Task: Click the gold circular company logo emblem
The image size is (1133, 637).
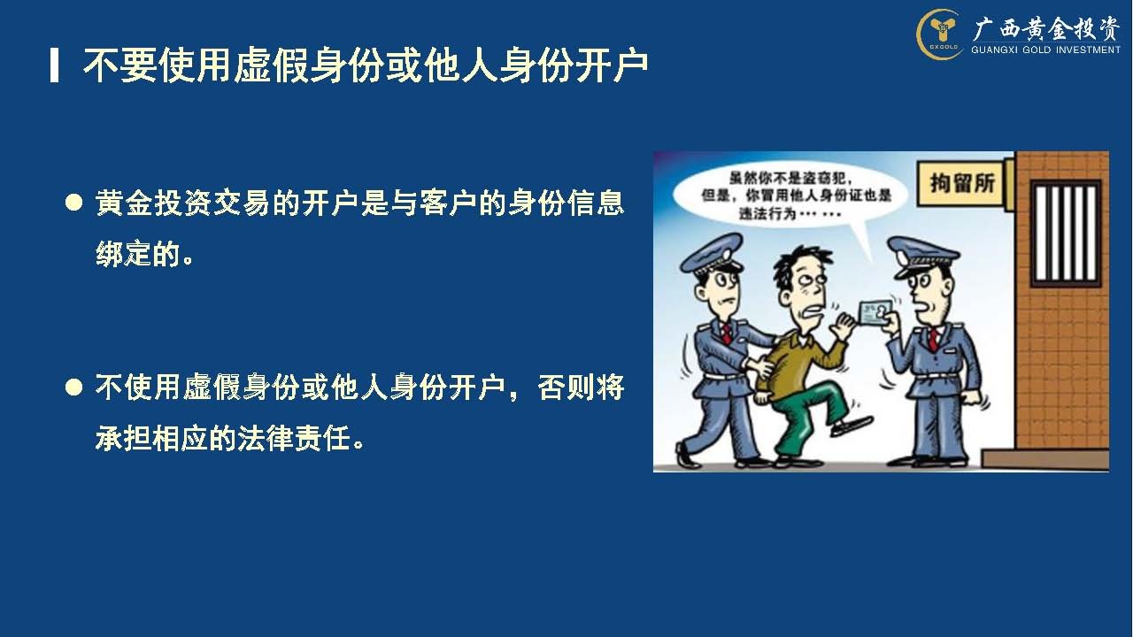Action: pyautogui.click(x=940, y=34)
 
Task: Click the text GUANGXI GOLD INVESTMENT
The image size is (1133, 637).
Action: pyautogui.click(x=1045, y=50)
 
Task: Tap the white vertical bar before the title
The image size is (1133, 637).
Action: pyautogui.click(x=54, y=65)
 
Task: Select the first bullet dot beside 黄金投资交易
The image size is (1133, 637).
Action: pyautogui.click(x=73, y=203)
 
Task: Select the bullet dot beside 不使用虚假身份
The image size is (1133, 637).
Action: pyautogui.click(x=73, y=388)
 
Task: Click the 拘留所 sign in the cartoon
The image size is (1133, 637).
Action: pyautogui.click(x=962, y=183)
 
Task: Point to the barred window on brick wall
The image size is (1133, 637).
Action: pyautogui.click(x=1066, y=233)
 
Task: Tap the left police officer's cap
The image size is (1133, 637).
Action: pyautogui.click(x=711, y=254)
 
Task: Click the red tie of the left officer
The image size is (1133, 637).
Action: pyautogui.click(x=726, y=334)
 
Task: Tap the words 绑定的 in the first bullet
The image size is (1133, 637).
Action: pyautogui.click(x=137, y=254)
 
